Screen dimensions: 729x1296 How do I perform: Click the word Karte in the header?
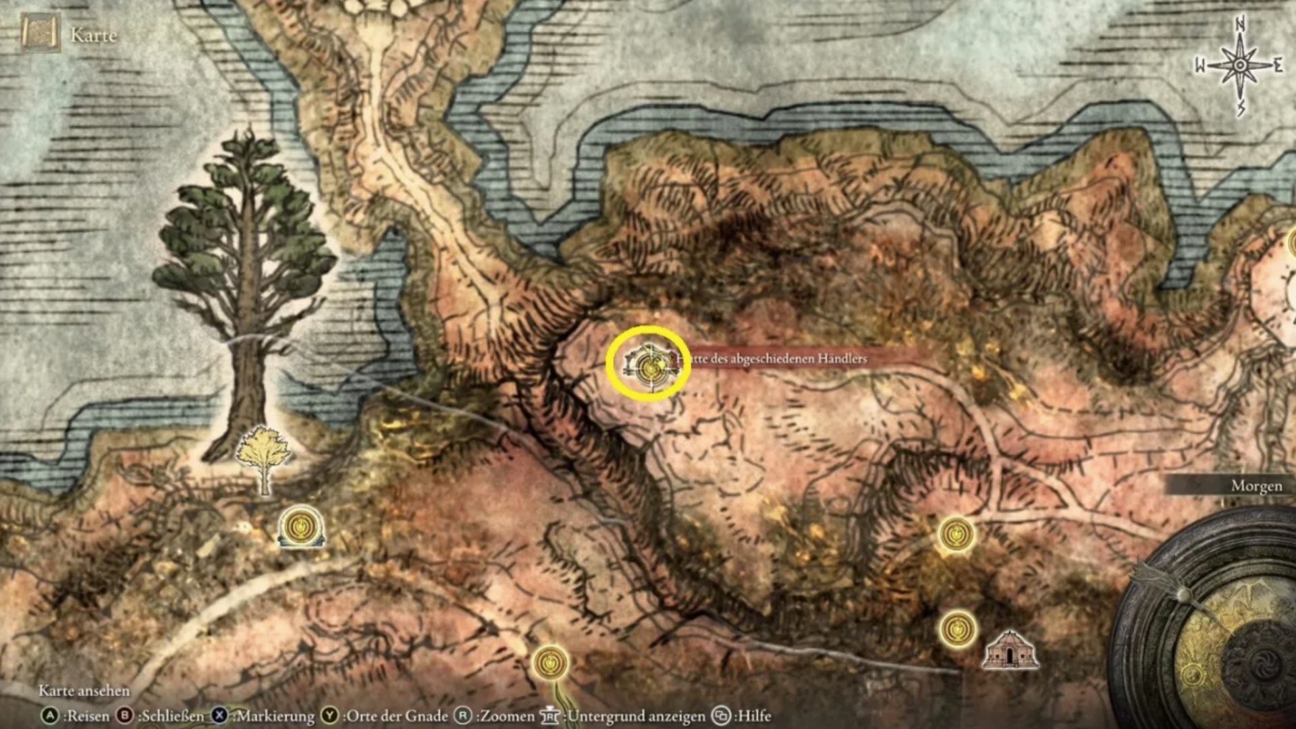[x=93, y=35]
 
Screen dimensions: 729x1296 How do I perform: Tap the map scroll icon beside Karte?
[x=40, y=33]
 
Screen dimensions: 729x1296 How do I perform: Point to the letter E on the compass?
[x=1278, y=65]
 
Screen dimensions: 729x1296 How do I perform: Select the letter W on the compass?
[x=1201, y=66]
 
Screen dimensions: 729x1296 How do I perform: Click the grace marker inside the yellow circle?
[x=650, y=367]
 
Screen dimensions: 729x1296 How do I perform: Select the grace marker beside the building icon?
[x=957, y=629]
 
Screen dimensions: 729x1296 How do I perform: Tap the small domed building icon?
[x=1010, y=649]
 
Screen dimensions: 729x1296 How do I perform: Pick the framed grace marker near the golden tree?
[x=301, y=526]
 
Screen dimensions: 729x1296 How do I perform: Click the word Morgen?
[x=1255, y=486]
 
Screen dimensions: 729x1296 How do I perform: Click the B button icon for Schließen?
[x=125, y=715]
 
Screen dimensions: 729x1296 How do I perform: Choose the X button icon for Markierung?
[x=219, y=715]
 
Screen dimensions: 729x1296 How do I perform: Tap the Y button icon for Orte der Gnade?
[x=329, y=715]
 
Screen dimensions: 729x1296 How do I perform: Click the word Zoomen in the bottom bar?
[x=505, y=715]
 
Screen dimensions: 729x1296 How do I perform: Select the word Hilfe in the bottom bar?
[x=753, y=715]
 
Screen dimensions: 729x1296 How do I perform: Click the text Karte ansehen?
[x=84, y=691]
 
